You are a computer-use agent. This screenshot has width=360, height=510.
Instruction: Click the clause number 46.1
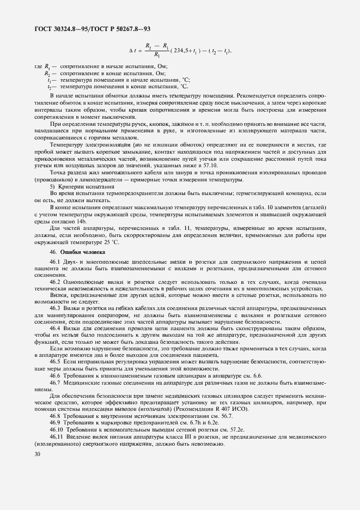(55, 264)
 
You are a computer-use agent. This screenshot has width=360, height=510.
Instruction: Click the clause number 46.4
(55, 329)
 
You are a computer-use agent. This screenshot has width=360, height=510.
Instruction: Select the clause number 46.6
(55, 376)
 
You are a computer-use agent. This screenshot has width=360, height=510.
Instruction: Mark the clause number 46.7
(55, 382)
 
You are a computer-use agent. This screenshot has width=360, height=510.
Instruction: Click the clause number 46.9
(55, 423)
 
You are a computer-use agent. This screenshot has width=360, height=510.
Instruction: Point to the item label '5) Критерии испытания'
(74, 187)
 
